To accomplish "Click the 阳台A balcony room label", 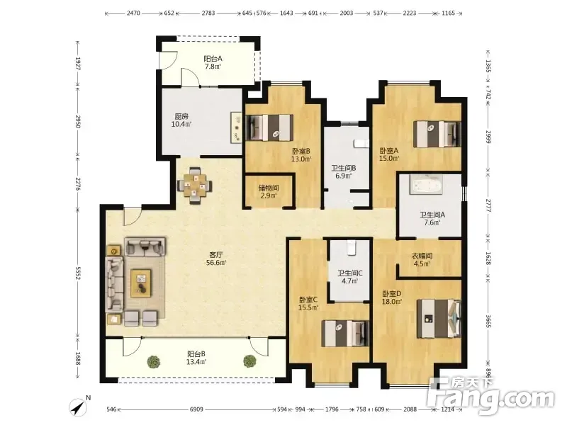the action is [x=213, y=59].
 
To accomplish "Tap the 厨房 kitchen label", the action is [x=181, y=117].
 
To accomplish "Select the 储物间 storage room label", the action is [x=269, y=188].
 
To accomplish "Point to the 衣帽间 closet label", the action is [x=422, y=256].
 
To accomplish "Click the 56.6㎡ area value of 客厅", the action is [x=216, y=263].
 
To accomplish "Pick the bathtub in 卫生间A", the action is [x=426, y=184].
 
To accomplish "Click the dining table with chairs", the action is [x=195, y=185].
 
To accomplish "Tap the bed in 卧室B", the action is [x=269, y=127].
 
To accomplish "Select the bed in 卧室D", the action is [x=439, y=318].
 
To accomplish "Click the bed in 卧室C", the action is [x=345, y=333].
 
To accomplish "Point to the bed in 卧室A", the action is [x=437, y=134].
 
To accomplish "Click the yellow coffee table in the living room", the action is [x=141, y=283].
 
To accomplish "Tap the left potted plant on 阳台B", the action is [x=154, y=362].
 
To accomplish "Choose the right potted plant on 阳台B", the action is [x=249, y=361].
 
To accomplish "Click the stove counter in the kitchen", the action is [x=237, y=127].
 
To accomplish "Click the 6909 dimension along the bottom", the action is [x=196, y=409].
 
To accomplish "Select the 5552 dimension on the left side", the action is [x=77, y=273].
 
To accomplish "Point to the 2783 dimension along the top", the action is [x=208, y=13].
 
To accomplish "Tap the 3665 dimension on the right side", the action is [x=488, y=322].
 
